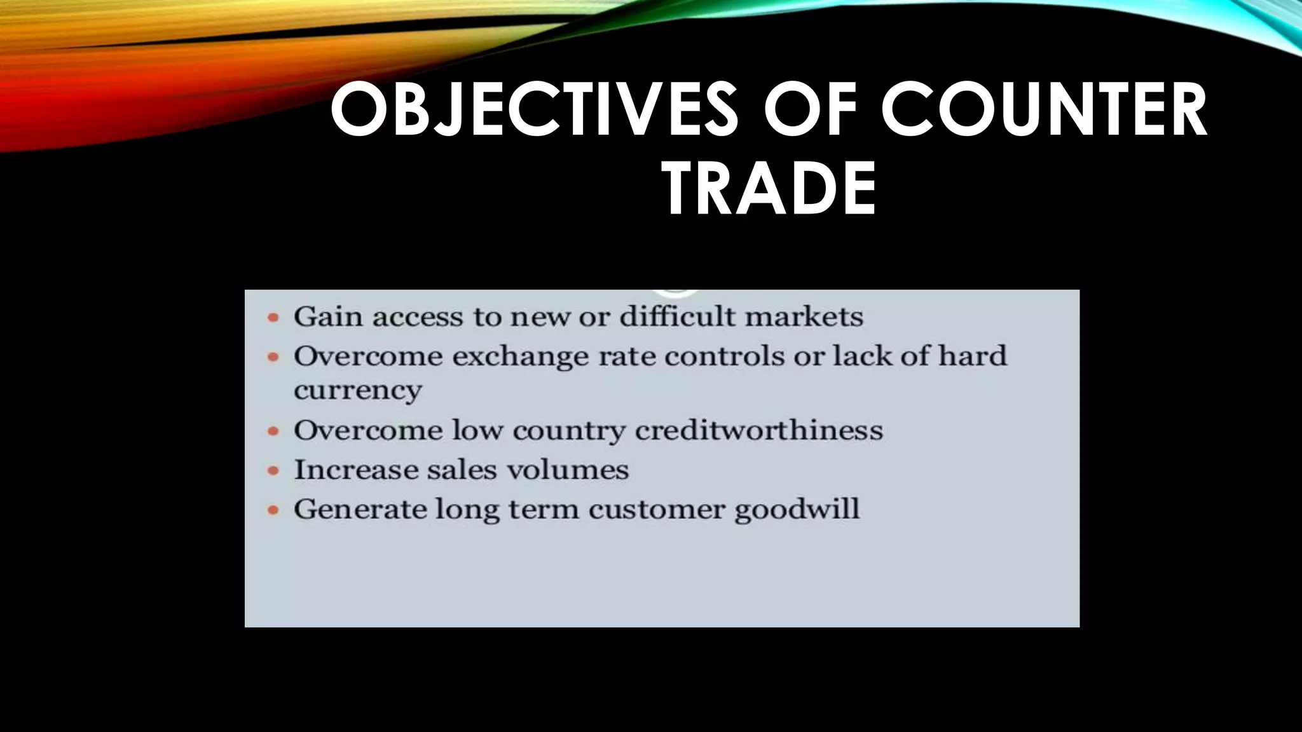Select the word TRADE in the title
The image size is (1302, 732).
point(769,189)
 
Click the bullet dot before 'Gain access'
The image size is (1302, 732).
point(273,317)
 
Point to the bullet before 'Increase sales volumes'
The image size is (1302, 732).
point(273,471)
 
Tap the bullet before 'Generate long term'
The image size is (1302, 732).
point(273,510)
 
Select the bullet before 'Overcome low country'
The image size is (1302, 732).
point(273,431)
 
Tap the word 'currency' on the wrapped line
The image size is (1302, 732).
point(357,390)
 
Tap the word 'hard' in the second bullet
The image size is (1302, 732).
point(973,356)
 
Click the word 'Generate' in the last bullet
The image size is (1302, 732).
point(359,510)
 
